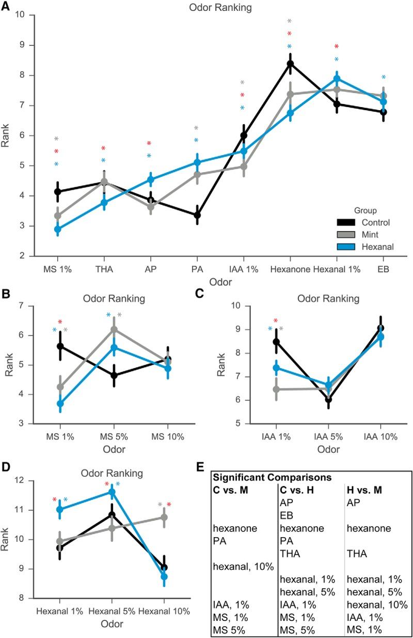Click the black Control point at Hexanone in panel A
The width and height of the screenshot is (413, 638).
[x=290, y=64]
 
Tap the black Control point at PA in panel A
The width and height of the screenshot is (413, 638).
[x=197, y=215]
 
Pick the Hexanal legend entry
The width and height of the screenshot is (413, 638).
[x=367, y=247]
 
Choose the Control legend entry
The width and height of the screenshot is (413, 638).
[x=367, y=223]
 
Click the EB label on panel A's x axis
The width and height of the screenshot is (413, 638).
[x=383, y=270]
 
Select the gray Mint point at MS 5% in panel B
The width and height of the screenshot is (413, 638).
[x=114, y=329]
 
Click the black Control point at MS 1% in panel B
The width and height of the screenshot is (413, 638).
[x=60, y=346]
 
